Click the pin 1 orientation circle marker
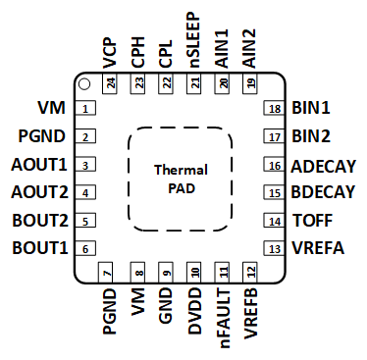(85, 83)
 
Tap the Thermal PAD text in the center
(180, 179)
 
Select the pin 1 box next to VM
(86, 109)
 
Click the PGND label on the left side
(41, 136)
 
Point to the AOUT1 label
(38, 165)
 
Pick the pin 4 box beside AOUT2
(86, 193)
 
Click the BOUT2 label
(38, 221)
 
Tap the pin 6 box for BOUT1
(86, 249)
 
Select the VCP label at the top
(109, 49)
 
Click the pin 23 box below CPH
(138, 84)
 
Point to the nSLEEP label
(194, 39)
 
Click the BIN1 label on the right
(311, 109)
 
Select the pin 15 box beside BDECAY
(274, 193)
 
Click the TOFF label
(312, 221)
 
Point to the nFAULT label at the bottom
(223, 315)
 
